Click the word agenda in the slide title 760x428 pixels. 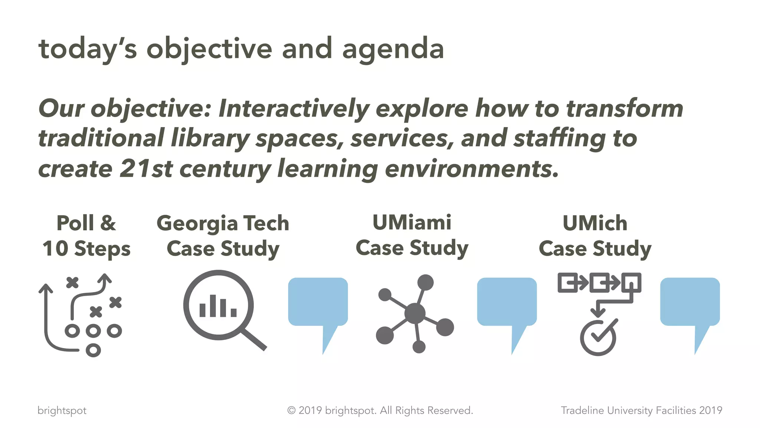click(x=393, y=49)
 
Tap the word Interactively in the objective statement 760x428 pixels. click(x=294, y=108)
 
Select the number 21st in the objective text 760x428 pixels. click(x=146, y=168)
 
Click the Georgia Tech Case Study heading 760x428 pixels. click(x=223, y=236)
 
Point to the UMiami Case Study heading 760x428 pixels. click(x=412, y=235)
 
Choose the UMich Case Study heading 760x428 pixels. click(x=595, y=236)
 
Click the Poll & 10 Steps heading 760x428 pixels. click(x=86, y=236)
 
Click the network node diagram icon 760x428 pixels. click(x=415, y=314)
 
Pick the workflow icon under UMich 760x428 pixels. click(x=599, y=312)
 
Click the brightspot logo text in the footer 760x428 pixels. click(x=62, y=411)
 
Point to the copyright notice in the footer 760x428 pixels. click(x=380, y=410)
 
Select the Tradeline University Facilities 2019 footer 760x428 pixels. click(x=641, y=410)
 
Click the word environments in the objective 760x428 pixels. click(x=471, y=168)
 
